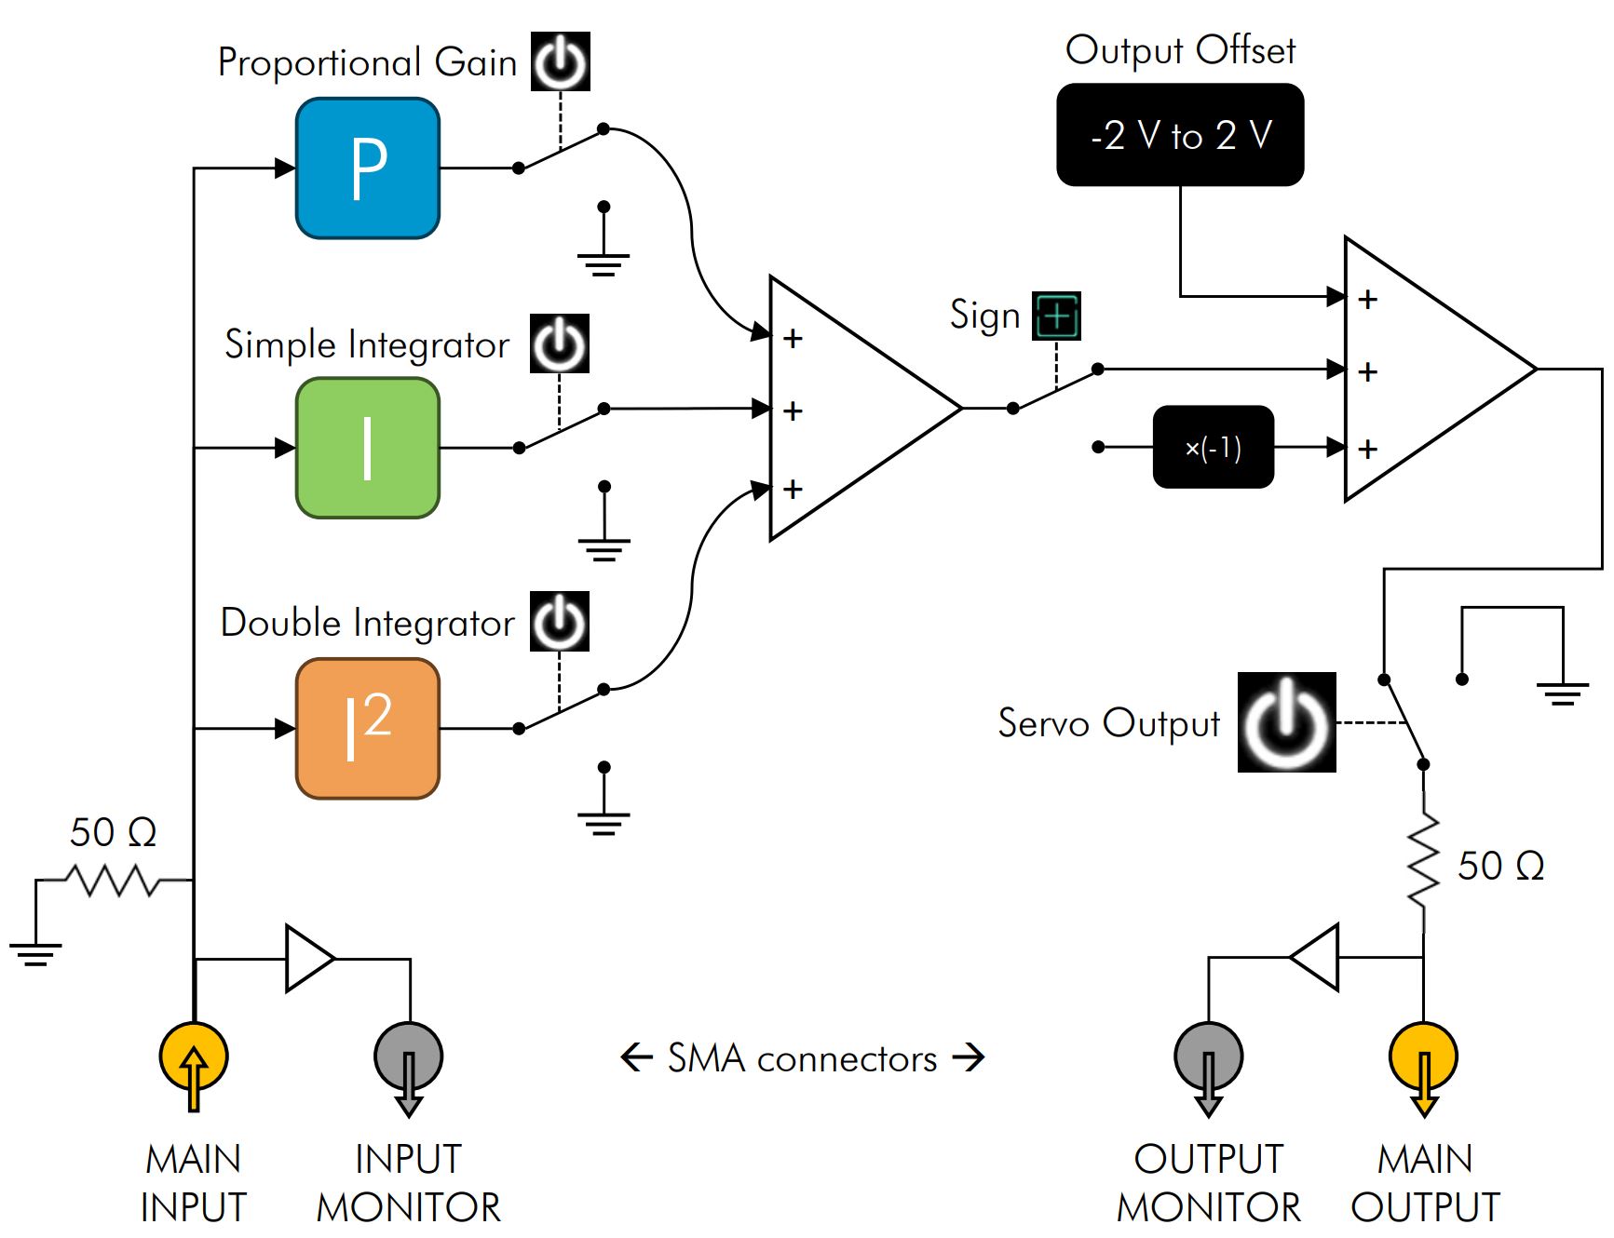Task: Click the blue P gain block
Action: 367,168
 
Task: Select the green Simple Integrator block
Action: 367,448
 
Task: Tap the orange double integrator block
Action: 367,728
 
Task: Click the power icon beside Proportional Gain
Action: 560,61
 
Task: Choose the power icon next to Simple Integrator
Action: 559,343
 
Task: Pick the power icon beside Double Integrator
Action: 559,621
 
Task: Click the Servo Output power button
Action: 1286,722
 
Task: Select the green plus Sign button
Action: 1057,316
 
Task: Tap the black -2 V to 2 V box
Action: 1180,135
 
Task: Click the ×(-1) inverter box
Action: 1213,447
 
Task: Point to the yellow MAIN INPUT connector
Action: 194,1056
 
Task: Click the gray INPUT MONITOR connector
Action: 408,1056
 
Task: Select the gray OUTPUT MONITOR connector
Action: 1208,1056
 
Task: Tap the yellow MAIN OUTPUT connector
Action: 1423,1056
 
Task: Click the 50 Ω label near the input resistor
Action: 113,832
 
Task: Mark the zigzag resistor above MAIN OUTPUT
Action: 1423,861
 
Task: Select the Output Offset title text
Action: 1180,50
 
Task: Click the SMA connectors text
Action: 802,1058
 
